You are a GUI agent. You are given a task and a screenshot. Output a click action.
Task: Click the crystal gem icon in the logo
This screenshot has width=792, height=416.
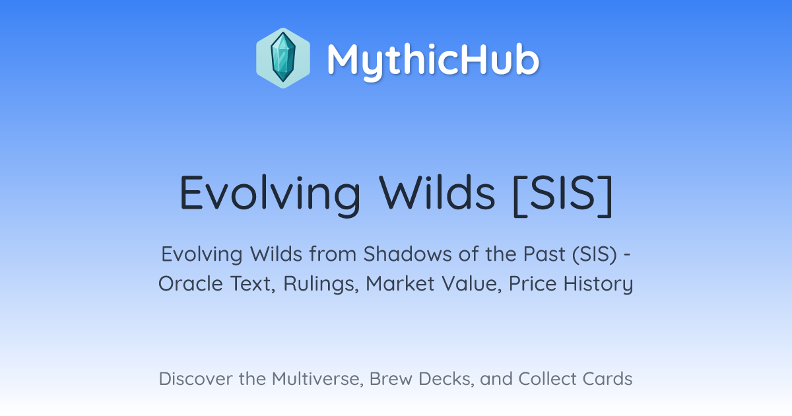(283, 58)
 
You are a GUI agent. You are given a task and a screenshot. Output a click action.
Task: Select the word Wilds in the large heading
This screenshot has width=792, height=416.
(437, 192)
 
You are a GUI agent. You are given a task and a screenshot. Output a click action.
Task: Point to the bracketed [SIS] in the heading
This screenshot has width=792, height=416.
(562, 195)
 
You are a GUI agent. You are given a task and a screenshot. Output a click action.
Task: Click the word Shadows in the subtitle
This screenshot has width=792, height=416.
(408, 254)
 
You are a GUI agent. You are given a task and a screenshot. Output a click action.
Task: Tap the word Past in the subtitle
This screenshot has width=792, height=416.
(544, 254)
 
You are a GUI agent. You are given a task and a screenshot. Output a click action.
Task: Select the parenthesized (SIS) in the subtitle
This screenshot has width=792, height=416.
(595, 254)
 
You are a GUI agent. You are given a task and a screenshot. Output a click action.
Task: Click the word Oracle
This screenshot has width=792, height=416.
(191, 284)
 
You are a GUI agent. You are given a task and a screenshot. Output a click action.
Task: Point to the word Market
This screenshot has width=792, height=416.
(400, 284)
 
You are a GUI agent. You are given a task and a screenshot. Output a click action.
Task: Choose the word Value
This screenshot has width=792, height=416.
(471, 284)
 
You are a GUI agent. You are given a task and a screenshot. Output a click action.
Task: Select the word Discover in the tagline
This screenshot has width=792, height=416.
(195, 379)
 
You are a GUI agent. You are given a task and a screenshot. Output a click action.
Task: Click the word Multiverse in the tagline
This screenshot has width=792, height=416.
(317, 379)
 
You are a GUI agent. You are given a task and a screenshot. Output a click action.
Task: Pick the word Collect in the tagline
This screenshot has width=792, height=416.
(547, 379)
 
